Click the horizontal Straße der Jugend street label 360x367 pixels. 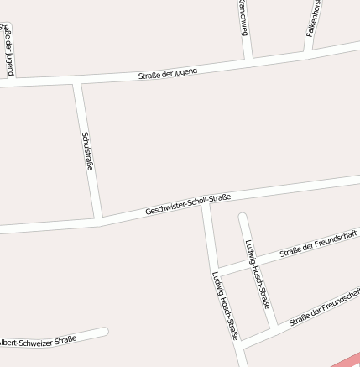click(168, 74)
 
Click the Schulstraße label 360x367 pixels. click(88, 151)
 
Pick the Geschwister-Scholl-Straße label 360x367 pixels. click(188, 204)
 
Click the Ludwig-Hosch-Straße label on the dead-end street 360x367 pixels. click(257, 273)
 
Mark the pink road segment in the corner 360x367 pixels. click(346, 359)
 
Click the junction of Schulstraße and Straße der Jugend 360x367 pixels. click(76, 83)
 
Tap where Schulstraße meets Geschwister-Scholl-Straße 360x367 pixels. click(102, 219)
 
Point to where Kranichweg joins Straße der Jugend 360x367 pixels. click(249, 60)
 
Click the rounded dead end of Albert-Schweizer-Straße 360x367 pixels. click(104, 333)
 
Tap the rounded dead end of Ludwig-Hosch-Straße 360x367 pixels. click(243, 218)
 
